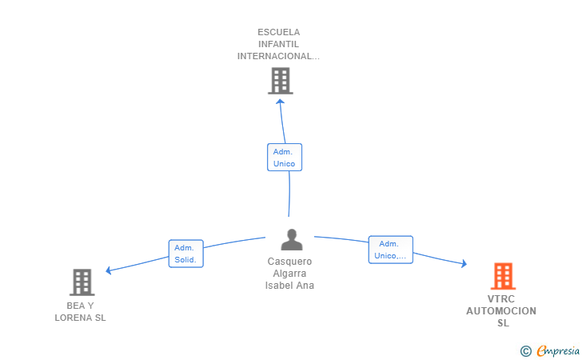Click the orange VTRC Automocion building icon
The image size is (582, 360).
pyautogui.click(x=504, y=276)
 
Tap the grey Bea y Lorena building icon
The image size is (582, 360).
pyautogui.click(x=82, y=282)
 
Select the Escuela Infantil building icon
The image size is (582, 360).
pyautogui.click(x=281, y=81)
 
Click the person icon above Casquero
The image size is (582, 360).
pyautogui.click(x=292, y=239)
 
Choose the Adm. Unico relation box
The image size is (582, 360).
pyautogui.click(x=285, y=157)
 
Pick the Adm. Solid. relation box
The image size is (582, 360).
pyautogui.click(x=186, y=254)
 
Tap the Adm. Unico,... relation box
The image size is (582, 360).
pyautogui.click(x=390, y=250)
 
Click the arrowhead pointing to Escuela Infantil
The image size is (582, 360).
pyautogui.click(x=281, y=102)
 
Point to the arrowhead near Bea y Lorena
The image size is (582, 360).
pyautogui.click(x=109, y=270)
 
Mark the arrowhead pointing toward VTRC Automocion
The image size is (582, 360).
pyautogui.click(x=464, y=263)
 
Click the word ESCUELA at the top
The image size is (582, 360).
pyautogui.click(x=279, y=32)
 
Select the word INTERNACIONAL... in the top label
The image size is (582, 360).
pyautogui.click(x=278, y=56)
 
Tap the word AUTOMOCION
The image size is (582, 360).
pyautogui.click(x=501, y=311)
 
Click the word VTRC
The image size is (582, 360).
pyautogui.click(x=501, y=299)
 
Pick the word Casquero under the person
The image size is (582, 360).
pyautogui.click(x=289, y=262)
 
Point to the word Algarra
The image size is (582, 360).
pyautogui.click(x=289, y=274)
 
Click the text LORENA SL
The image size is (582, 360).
pyautogui.click(x=80, y=318)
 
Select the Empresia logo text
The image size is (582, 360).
pyautogui.click(x=558, y=350)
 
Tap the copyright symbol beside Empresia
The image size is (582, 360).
pyautogui.click(x=526, y=351)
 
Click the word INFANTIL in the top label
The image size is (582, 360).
pyautogui.click(x=278, y=44)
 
